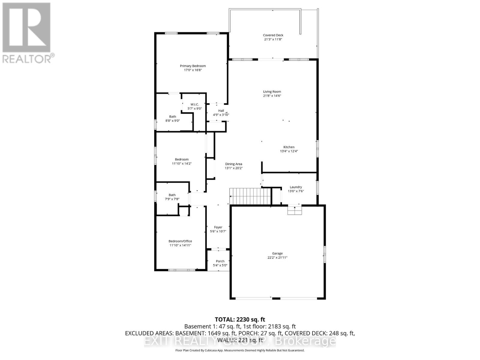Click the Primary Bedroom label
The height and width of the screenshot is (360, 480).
coord(193,66)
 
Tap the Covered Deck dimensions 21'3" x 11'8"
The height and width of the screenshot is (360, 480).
coord(273,39)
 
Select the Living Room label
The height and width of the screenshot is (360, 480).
coord(272,92)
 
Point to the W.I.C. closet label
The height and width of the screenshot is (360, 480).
coord(194,104)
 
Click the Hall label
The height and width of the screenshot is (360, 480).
coord(221,111)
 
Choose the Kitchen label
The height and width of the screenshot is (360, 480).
coord(289,147)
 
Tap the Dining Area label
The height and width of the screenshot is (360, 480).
coord(233,164)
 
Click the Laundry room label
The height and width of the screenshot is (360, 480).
coord(295,187)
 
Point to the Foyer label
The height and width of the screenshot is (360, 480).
coord(218,227)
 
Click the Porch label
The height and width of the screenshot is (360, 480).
coord(220,261)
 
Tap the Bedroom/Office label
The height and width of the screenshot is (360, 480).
coord(180,241)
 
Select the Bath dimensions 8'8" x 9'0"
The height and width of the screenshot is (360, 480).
coord(172,121)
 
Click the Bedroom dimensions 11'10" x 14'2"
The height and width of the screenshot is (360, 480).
coord(181,164)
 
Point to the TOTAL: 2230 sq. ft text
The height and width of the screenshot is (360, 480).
coord(240,319)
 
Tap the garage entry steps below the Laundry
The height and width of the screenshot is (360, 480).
coord(294,210)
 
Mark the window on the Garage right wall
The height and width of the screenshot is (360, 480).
coord(324,255)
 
